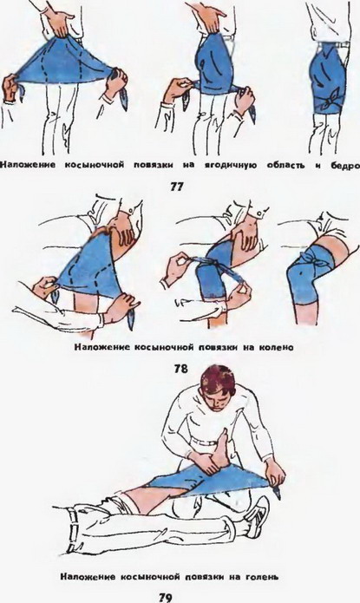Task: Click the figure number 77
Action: tap(177, 187)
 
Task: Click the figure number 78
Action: tap(181, 369)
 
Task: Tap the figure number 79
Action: tap(165, 598)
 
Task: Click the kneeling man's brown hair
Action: tap(218, 381)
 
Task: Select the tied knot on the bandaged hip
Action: tap(331, 99)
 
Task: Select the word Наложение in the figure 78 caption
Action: tap(101, 347)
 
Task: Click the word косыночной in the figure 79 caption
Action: tap(151, 577)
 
